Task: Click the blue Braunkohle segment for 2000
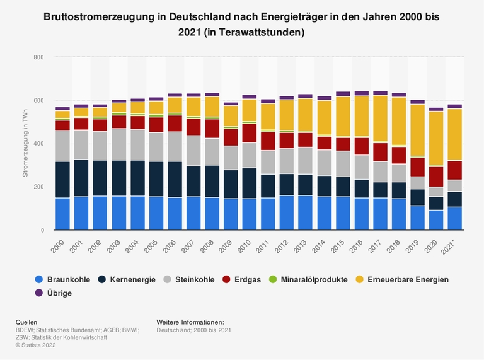point(62,214)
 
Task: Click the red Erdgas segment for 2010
point(250,132)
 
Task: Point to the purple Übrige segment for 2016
point(362,93)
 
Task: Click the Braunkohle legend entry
point(63,279)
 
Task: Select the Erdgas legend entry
point(248,279)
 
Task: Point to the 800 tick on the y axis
point(38,57)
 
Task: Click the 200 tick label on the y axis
point(38,187)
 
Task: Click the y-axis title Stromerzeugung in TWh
point(25,144)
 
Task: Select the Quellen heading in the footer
point(26,321)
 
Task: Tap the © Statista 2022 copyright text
point(38,344)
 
